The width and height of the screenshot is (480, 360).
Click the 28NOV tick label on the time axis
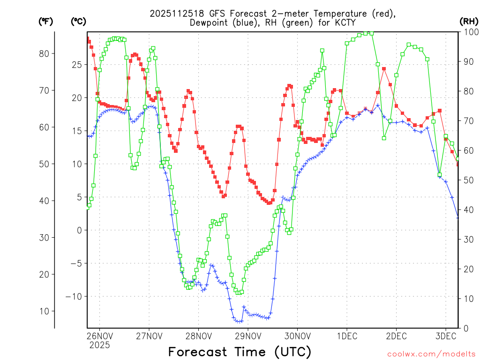click(198, 336)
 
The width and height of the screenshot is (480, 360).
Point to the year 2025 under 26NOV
click(99, 345)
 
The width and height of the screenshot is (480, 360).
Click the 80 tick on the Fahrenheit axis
click(44, 53)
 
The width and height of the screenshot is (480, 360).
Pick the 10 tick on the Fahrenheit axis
click(44, 311)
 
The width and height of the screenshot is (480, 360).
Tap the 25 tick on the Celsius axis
click(75, 64)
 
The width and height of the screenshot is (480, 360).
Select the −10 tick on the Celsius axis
click(73, 296)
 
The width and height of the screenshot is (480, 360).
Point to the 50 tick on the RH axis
click(467, 180)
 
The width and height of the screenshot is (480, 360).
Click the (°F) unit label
click(46, 21)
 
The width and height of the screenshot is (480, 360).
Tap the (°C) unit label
click(78, 21)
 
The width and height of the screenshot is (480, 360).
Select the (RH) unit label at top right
click(468, 21)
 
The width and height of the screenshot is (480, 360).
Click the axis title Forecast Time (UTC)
click(240, 352)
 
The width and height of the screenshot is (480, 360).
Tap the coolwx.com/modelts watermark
click(431, 354)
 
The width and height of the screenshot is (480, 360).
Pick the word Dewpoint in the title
click(209, 22)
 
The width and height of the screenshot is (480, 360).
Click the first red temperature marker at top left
click(87, 38)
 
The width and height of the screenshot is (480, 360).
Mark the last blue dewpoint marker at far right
click(458, 217)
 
